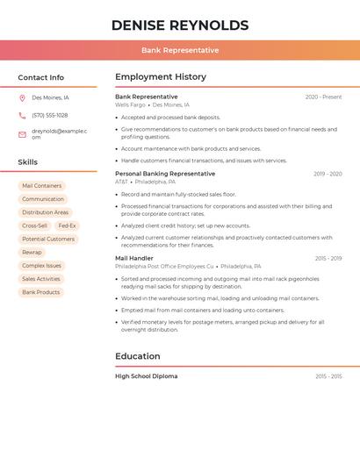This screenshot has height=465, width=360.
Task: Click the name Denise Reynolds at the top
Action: (x=180, y=25)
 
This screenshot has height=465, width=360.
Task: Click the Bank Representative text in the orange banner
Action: (x=180, y=50)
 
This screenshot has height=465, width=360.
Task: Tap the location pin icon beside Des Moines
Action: (x=22, y=97)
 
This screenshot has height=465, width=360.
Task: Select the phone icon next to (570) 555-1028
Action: (x=22, y=115)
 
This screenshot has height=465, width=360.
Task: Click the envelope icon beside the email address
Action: (x=22, y=134)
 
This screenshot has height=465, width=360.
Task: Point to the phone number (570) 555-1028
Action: (x=50, y=115)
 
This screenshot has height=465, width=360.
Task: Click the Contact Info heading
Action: (x=40, y=77)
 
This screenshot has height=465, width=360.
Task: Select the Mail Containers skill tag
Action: (x=41, y=186)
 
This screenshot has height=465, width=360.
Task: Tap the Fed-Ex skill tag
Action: (x=67, y=225)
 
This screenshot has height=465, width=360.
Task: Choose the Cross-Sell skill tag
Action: (x=35, y=225)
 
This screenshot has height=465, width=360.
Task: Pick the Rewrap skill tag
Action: (x=32, y=252)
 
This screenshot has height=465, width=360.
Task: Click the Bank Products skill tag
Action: (x=41, y=292)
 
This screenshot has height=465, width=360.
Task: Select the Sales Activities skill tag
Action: (x=41, y=279)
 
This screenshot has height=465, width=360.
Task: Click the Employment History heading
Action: (x=161, y=77)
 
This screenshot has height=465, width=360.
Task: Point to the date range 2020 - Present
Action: (x=323, y=97)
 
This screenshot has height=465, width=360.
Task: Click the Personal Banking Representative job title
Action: (x=165, y=174)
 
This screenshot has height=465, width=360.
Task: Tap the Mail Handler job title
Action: (x=134, y=258)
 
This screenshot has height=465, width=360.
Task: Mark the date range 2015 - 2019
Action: (x=328, y=259)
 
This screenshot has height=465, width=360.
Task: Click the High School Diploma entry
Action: (x=146, y=376)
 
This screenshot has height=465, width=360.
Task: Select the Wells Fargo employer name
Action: (x=130, y=104)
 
